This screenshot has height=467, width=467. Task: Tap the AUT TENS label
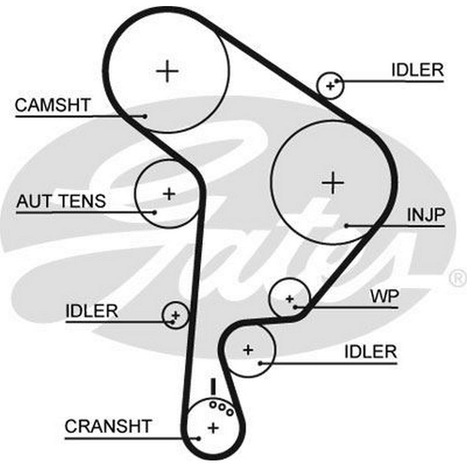[x=61, y=201]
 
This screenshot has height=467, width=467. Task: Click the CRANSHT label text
[x=108, y=426]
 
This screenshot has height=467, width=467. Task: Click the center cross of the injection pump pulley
[x=333, y=182]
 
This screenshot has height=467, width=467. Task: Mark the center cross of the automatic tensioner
[x=169, y=193]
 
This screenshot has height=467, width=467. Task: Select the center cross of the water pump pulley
[x=290, y=298]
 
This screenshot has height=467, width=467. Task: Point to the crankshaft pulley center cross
[x=213, y=427]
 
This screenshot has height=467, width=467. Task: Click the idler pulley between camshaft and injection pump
[x=330, y=85]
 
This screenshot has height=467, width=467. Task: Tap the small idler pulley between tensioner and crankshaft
[x=175, y=315]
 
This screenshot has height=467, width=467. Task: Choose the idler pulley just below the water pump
[x=248, y=349]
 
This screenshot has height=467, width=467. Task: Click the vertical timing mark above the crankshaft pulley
[x=213, y=386]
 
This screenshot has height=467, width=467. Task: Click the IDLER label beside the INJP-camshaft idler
[x=417, y=70]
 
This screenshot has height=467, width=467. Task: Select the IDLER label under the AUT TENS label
[x=92, y=311]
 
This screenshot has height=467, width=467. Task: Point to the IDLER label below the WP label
[x=370, y=351]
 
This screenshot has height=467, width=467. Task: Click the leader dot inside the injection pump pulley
[x=347, y=226]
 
